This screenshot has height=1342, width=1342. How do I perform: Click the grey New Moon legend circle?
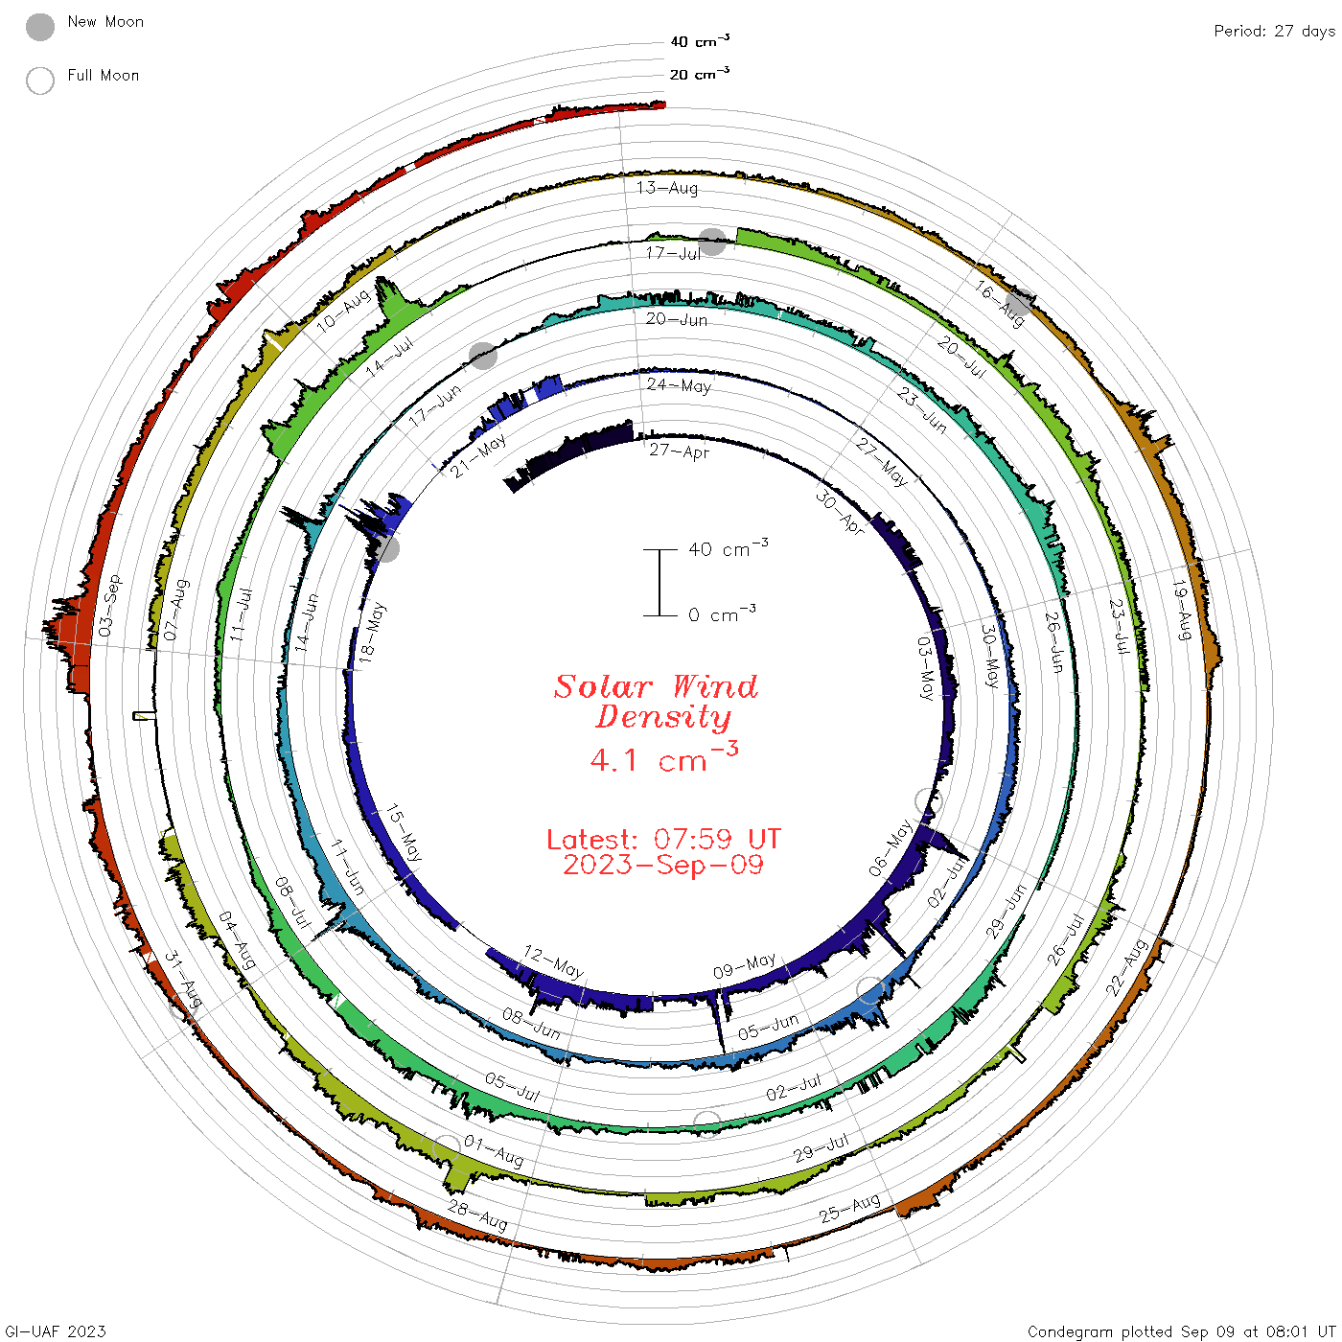pos(39,27)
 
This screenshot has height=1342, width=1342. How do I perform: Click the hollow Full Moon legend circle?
pos(39,81)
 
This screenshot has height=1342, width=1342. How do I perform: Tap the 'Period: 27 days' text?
pos(1274,32)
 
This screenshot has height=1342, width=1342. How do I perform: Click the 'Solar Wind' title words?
pos(656,686)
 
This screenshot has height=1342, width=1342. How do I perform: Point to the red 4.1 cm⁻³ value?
pos(663,757)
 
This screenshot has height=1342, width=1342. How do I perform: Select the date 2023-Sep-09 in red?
pos(663,865)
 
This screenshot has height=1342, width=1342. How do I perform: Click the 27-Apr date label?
pos(679,451)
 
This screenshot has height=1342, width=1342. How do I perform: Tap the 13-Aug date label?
pos(666,187)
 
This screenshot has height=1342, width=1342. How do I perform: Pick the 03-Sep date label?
pos(109,605)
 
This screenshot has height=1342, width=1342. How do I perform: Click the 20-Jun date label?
pos(676,319)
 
